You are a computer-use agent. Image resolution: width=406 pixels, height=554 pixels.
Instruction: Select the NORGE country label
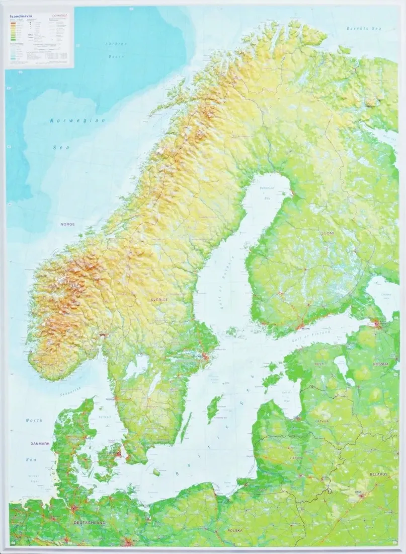(x=67, y=224)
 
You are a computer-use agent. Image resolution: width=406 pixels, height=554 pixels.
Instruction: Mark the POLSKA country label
(x=235, y=530)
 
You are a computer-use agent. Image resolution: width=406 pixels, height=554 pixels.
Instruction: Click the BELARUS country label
(x=377, y=474)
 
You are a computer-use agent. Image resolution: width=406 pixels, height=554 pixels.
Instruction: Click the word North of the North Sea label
(x=34, y=420)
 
